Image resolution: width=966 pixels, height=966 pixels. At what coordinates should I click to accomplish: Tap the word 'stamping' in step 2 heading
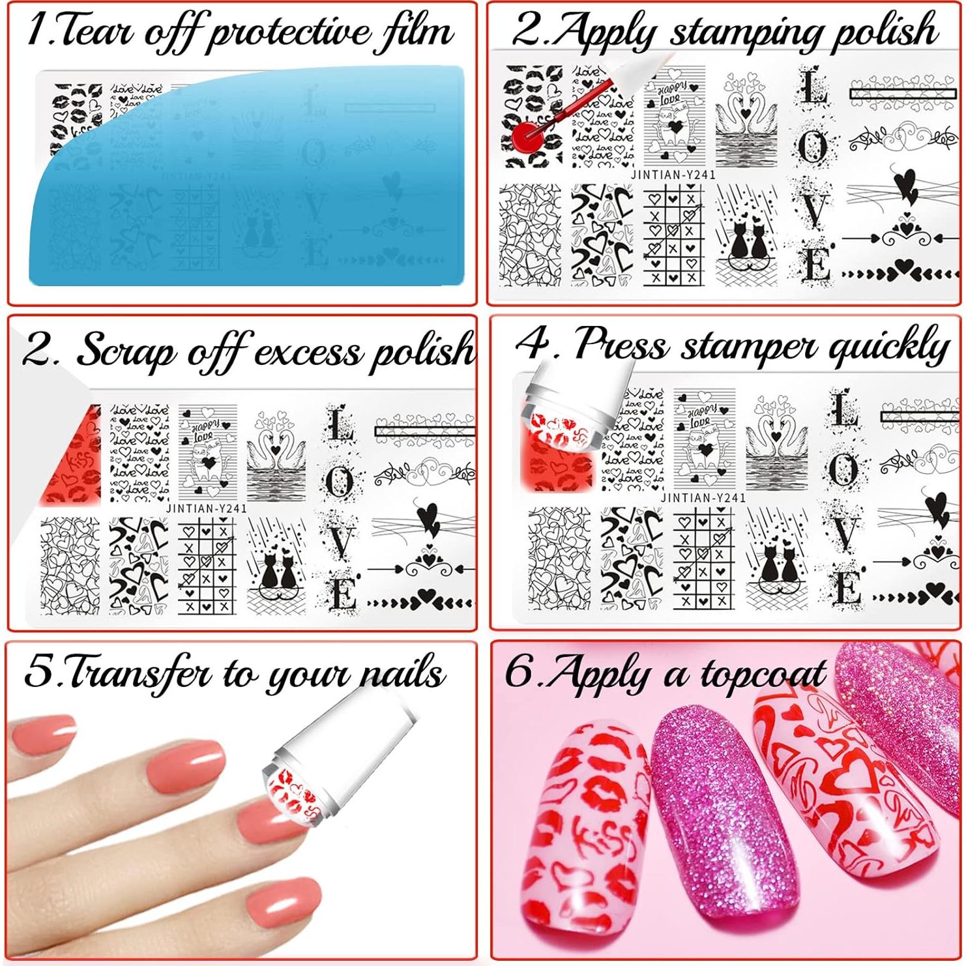coord(736,32)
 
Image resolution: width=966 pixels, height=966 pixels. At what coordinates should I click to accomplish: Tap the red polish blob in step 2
coord(529,137)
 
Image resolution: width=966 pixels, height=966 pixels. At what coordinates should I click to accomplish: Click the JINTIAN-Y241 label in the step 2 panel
coord(673,175)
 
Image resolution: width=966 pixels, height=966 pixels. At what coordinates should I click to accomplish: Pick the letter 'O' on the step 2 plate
coord(812,149)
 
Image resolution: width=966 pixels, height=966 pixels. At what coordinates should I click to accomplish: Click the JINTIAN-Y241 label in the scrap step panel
coord(206,508)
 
